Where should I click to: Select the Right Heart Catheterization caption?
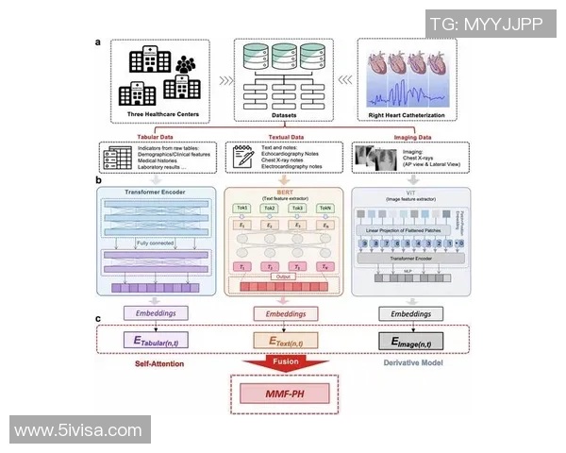click(408, 116)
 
